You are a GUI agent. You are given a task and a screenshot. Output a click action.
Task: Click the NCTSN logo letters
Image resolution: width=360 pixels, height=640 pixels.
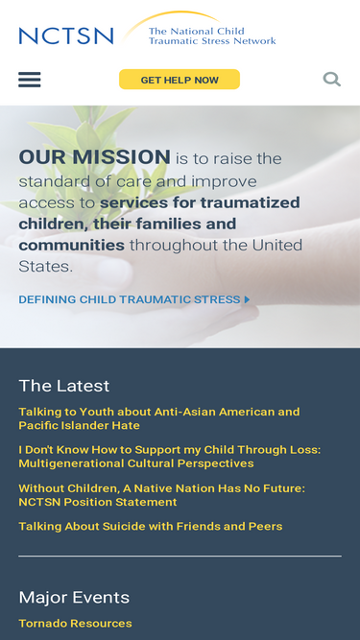coord(65,36)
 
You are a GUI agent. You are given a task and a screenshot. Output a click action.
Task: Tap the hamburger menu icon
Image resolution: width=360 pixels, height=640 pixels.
coord(30,80)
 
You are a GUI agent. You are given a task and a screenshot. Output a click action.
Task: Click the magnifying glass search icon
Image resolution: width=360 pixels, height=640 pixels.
coord(331,79)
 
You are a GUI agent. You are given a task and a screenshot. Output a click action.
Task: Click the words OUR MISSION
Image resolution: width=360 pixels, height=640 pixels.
coord(94,157)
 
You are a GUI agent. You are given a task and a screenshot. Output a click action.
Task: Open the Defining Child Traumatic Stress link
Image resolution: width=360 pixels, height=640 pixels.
coord(130,299)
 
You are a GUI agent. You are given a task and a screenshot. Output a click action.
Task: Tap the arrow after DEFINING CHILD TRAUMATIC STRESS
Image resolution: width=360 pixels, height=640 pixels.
coord(247,299)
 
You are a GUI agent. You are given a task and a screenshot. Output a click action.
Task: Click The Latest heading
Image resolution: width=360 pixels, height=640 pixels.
coord(64,386)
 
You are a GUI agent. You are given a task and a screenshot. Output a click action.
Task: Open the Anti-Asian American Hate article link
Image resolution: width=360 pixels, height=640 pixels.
coord(158,418)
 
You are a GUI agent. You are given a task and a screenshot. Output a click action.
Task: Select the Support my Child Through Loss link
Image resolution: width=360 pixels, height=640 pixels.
coord(169,457)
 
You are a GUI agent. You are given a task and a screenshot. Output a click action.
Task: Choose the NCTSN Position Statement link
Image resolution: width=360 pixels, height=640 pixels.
coord(161,495)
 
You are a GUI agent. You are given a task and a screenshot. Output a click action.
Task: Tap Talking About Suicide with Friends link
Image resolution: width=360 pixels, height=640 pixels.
coord(150,526)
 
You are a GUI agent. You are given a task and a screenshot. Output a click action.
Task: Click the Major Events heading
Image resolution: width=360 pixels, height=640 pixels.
coord(74,597)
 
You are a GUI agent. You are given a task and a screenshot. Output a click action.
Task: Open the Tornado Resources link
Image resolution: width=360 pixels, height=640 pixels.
coord(75,624)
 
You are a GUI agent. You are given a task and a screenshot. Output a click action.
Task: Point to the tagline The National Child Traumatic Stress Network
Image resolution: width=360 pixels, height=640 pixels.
coord(211,36)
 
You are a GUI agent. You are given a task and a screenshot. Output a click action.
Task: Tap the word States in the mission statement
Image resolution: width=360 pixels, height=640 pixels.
coord(44,267)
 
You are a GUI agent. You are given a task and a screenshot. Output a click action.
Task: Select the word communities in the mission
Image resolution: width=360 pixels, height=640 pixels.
coord(71,245)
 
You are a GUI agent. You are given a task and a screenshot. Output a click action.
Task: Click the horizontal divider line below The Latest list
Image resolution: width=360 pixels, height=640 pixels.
coord(180,557)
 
